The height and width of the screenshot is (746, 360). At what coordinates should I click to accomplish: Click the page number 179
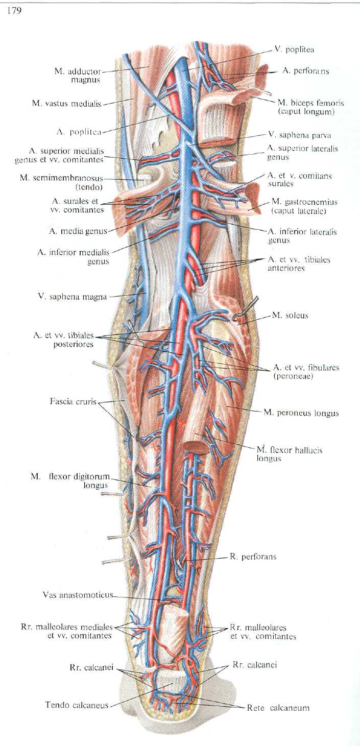coord(14,11)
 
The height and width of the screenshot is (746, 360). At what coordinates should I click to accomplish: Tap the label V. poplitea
coord(294,50)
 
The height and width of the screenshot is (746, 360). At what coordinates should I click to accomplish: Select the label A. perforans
coord(305,71)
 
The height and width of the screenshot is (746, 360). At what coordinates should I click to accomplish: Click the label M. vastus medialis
coord(66,104)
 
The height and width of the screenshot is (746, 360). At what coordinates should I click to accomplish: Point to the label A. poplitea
coord(79,132)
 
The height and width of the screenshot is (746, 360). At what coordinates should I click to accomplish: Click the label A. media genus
coord(78,231)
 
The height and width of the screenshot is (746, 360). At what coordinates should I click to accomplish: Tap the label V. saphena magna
coord(73,296)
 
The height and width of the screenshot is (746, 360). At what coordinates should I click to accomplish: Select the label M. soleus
coord(290,315)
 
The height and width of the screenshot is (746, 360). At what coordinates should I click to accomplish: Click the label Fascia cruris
coord(73,401)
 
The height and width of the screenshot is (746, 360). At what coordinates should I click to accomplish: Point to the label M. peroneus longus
coord(301,413)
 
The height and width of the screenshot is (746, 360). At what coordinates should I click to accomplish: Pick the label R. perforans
coord(253,557)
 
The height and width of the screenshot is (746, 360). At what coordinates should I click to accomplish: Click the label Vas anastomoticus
coord(78,595)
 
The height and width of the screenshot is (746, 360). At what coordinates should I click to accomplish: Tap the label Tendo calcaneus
coord(77,705)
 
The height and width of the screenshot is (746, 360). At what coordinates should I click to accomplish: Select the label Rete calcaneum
coord(278,708)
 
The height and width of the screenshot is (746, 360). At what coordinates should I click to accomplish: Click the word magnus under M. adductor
coord(85,80)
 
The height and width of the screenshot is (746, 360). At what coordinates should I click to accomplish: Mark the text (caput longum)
coord(305,112)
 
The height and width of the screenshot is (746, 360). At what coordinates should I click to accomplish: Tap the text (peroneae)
coord(293,376)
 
